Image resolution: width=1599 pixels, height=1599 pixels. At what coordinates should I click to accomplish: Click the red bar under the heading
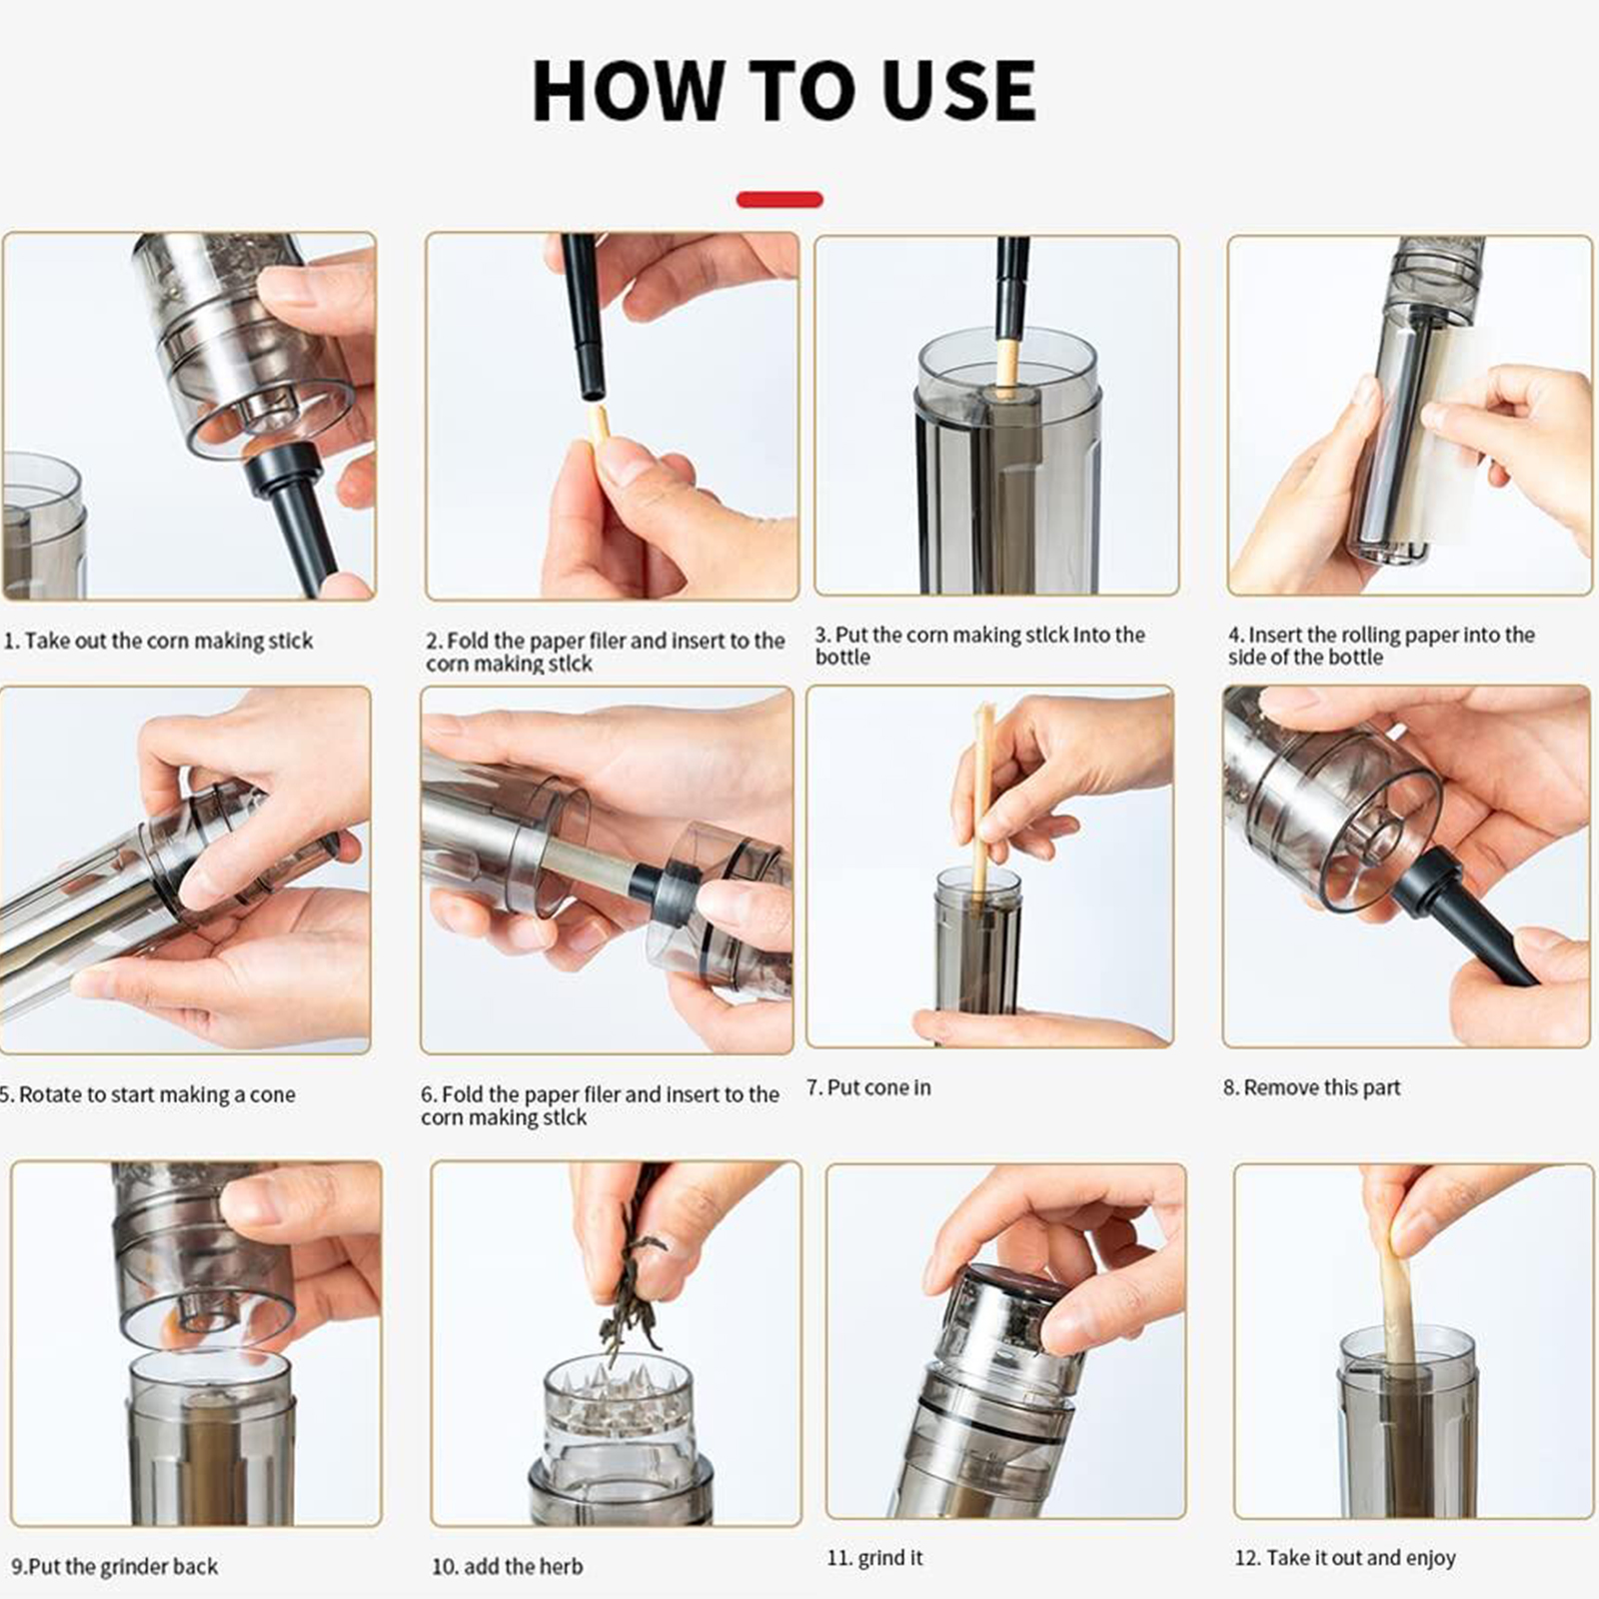point(780,200)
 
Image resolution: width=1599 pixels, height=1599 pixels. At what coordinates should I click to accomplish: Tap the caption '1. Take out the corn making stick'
point(158,641)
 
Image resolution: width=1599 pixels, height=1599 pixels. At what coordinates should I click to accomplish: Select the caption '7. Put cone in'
point(868,1087)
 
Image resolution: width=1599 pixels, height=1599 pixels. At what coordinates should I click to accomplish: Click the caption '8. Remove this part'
point(1311,1087)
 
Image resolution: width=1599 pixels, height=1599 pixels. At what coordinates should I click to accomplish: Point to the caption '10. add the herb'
point(507,1566)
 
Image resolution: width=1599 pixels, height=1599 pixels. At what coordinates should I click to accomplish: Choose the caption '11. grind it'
point(874,1557)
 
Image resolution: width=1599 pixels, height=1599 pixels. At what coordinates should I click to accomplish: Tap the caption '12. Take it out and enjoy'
point(1345,1557)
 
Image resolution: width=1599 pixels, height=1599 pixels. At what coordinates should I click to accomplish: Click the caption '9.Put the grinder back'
point(114,1566)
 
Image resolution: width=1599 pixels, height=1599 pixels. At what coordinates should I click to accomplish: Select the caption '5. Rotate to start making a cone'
point(147,1094)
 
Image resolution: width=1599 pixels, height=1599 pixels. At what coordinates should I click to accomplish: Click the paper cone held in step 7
point(982,799)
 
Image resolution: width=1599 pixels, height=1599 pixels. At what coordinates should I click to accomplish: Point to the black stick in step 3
point(1011,290)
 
